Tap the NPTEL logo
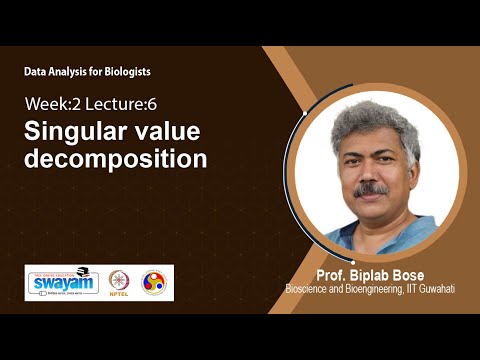(120, 282)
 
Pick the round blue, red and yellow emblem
(154, 282)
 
